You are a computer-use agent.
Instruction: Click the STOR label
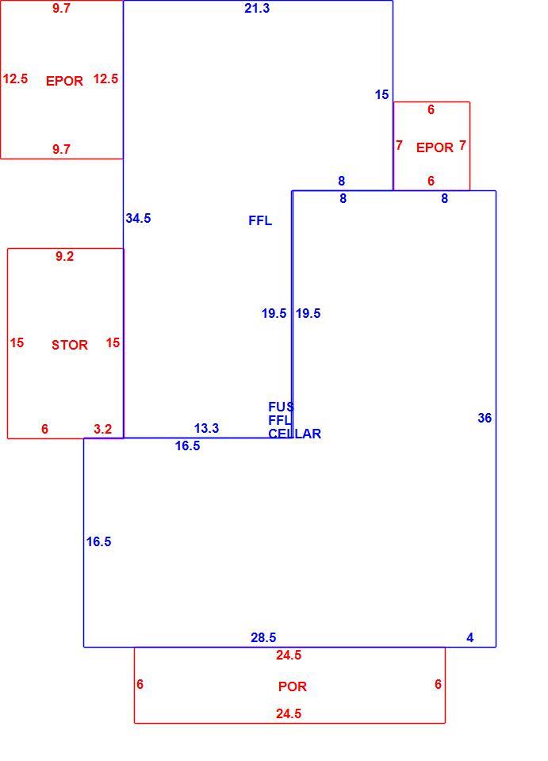point(70,345)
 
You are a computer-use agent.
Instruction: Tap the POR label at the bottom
point(292,686)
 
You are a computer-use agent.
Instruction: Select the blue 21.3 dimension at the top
point(257,8)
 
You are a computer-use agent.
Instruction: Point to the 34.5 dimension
point(138,219)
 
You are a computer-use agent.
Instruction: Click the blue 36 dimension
point(485,418)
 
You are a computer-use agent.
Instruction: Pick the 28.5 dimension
point(263,637)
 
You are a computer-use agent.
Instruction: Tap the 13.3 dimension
point(206,429)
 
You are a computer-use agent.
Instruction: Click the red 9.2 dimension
point(64,256)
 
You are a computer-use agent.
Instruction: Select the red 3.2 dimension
point(102,429)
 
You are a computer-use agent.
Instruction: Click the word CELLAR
point(295,434)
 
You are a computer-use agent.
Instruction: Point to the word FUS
point(281,407)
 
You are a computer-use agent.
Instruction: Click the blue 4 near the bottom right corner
point(469,637)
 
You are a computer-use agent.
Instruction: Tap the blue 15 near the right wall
point(381,94)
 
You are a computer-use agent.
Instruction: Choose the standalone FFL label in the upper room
point(260,221)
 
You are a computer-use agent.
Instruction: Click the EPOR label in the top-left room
point(64,81)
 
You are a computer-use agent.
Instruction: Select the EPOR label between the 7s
point(435,147)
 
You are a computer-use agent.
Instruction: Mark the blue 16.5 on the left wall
point(99,541)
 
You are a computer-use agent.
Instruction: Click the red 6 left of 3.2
point(44,429)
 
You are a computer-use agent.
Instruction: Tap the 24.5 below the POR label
point(289,714)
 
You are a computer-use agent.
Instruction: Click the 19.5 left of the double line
point(274,314)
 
